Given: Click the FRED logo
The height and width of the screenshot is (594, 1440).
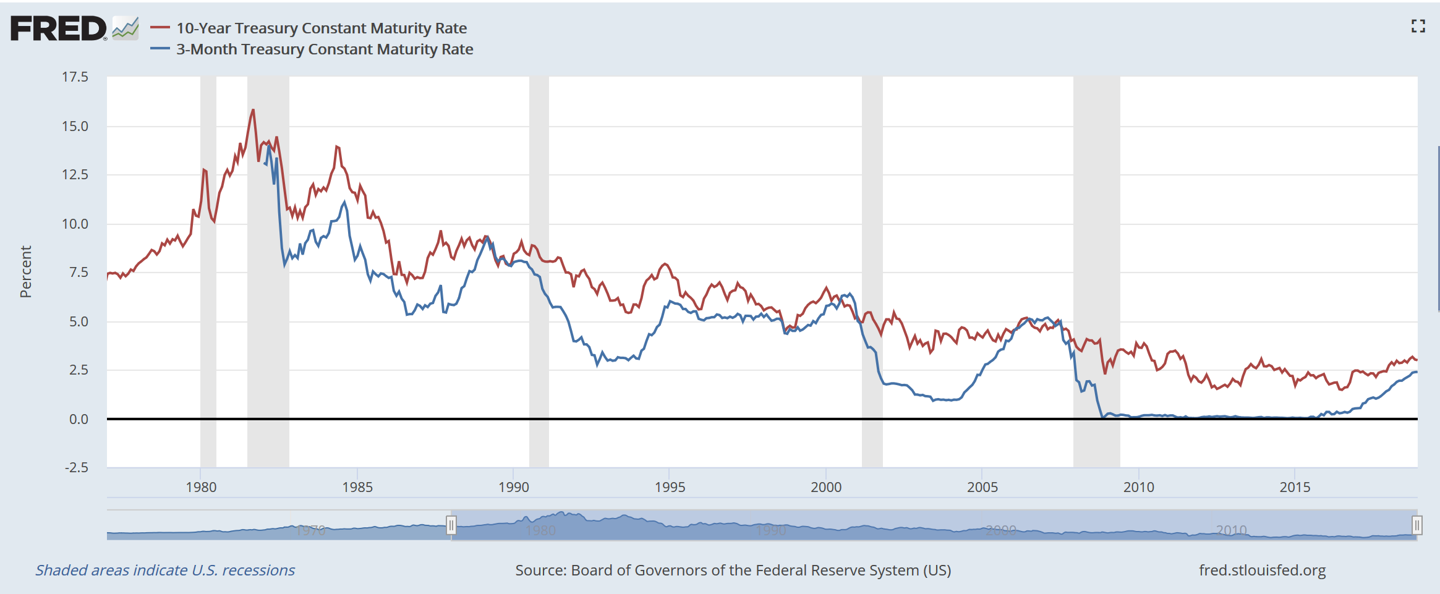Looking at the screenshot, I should (59, 29).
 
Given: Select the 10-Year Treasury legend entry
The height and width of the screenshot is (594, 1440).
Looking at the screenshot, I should (321, 28).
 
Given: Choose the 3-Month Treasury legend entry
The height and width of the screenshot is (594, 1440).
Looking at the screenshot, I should (324, 49).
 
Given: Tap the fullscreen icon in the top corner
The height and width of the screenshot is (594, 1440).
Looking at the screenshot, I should (1418, 26).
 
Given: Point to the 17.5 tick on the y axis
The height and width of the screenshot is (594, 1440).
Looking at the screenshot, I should (75, 77).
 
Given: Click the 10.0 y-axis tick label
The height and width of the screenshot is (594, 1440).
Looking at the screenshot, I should (75, 224).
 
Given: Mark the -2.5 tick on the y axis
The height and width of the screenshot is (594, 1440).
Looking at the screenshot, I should (77, 467).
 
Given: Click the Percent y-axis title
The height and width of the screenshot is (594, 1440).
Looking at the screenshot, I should (26, 272).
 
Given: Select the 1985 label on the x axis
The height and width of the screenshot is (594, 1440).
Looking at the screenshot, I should (357, 487).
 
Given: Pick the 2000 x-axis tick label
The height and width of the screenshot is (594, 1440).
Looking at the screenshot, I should (826, 487).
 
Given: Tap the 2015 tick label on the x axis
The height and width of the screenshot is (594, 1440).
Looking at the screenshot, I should (1295, 487).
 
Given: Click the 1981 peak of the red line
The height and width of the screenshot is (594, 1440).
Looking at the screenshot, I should (253, 111).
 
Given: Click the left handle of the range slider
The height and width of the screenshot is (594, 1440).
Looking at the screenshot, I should (451, 525).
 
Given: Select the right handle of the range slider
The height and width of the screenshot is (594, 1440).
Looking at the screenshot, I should (1417, 525).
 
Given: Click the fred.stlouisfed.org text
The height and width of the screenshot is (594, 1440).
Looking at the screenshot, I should (1262, 571).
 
